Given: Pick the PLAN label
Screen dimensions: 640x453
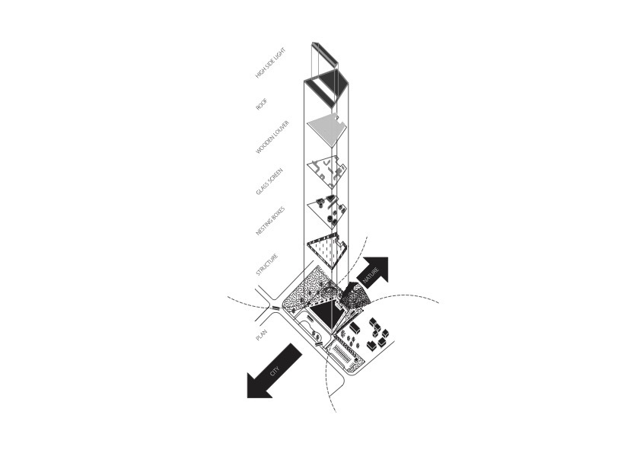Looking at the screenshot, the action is (261, 335).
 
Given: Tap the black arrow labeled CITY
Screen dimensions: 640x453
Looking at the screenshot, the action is (275, 371).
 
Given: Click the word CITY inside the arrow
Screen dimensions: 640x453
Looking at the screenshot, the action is (275, 371).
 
